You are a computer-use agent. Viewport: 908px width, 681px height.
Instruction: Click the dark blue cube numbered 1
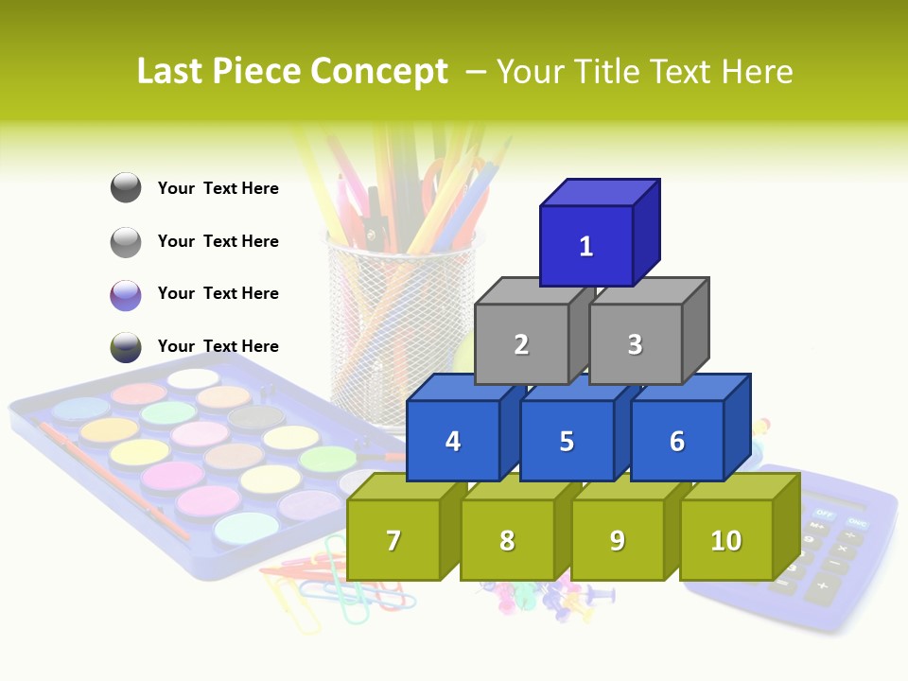pyautogui.click(x=586, y=246)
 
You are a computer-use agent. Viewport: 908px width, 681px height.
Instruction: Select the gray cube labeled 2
pyautogui.click(x=521, y=344)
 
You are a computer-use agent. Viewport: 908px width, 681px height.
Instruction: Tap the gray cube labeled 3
pyautogui.click(x=635, y=344)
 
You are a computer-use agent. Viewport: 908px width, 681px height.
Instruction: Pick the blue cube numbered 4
pyautogui.click(x=453, y=441)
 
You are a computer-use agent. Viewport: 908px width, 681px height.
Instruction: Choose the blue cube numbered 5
pyautogui.click(x=567, y=441)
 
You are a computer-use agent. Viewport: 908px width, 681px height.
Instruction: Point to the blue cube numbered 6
pyautogui.click(x=676, y=441)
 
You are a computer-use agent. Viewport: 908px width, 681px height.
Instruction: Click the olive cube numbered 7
pyautogui.click(x=393, y=540)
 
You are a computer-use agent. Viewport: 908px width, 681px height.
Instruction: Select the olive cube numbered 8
pyautogui.click(x=507, y=540)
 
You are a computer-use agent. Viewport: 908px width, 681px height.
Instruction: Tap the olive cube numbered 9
pyautogui.click(x=617, y=540)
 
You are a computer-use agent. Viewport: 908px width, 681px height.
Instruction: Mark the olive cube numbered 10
pyautogui.click(x=725, y=540)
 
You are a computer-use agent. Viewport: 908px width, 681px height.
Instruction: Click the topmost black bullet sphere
pyautogui.click(x=126, y=188)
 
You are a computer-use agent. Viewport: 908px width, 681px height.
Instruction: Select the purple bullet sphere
pyautogui.click(x=126, y=294)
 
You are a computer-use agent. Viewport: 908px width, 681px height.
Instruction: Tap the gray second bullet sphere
pyautogui.click(x=126, y=242)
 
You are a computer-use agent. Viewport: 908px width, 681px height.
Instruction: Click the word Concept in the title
pyautogui.click(x=378, y=72)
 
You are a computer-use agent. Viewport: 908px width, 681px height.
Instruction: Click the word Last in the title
pyautogui.click(x=173, y=72)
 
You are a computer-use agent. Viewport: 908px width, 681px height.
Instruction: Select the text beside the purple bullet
pyautogui.click(x=218, y=293)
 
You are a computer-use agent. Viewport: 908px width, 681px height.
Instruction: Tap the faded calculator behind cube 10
pyautogui.click(x=832, y=549)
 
